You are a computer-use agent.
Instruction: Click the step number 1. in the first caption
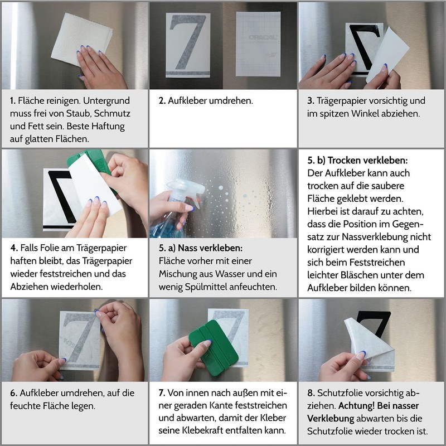[12, 101]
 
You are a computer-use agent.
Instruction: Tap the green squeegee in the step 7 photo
[214, 347]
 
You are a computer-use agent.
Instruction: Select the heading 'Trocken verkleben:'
[367, 161]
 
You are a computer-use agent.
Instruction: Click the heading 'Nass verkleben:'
[210, 248]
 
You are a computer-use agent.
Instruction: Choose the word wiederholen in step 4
[77, 287]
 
